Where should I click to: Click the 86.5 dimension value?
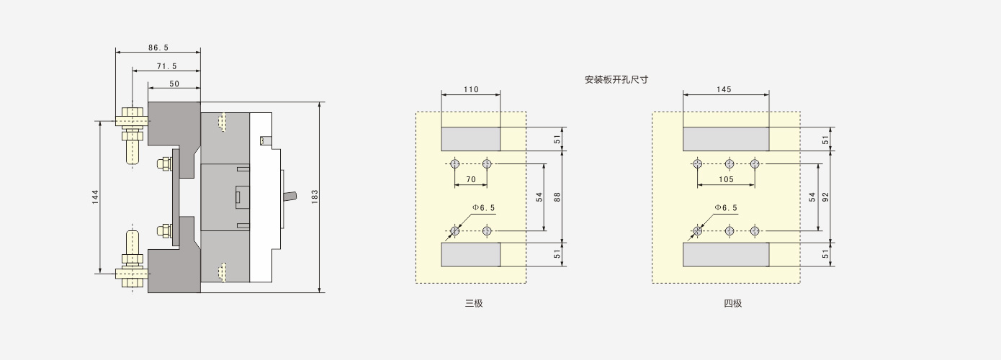tap(158, 48)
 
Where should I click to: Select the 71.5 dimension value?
tap(166, 66)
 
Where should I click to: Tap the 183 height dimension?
tap(315, 197)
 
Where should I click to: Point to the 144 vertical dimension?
tap(95, 197)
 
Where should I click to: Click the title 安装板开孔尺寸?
tap(616, 80)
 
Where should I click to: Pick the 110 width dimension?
tap(471, 90)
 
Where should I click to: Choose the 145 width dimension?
tap(724, 90)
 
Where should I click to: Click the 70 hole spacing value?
tap(471, 179)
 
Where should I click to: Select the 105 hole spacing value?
tap(726, 179)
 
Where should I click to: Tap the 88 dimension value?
tap(557, 197)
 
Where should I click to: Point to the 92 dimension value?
tap(826, 197)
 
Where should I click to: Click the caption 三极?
tap(474, 303)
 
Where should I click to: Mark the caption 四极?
tap(733, 303)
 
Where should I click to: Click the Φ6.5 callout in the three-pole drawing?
tap(484, 208)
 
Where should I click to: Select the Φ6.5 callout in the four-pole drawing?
tap(726, 208)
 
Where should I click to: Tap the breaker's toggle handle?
tap(290, 197)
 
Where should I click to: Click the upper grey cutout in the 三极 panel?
tap(470, 139)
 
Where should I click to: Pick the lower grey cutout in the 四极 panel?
tap(726, 255)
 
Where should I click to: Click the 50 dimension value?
tap(174, 84)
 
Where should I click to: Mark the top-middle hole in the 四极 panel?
tap(730, 164)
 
